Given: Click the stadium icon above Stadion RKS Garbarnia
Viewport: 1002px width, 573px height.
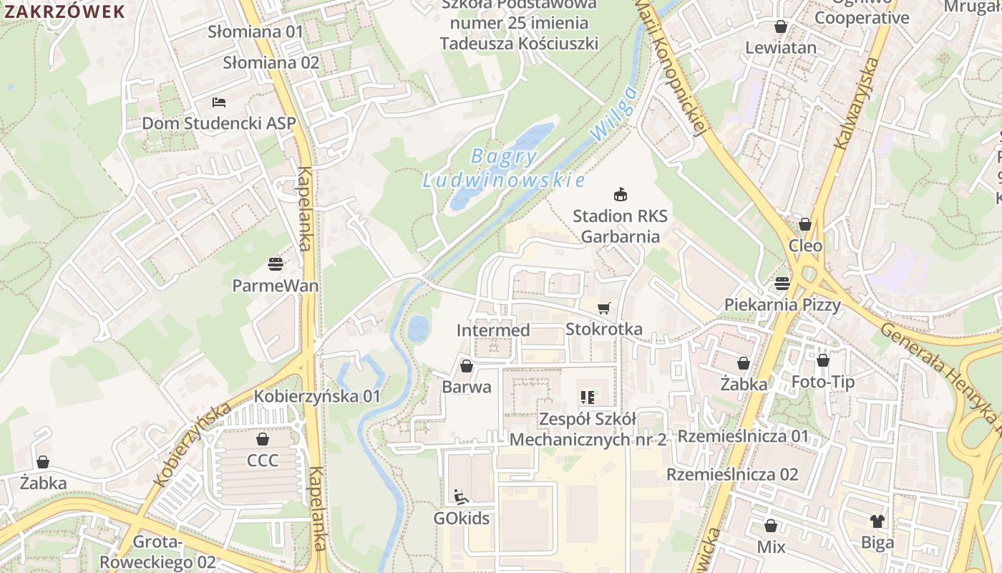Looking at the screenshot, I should pos(621,194).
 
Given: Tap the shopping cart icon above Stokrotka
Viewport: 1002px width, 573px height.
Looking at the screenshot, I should pos(604,308).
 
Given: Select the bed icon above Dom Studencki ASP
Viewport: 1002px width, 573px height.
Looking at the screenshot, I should pos(219,102).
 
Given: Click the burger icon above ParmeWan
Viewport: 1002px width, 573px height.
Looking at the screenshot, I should pos(276,264).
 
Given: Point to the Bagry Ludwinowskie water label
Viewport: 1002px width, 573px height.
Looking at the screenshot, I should pos(504,168).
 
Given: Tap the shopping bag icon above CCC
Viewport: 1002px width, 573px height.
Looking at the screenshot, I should pos(263,439).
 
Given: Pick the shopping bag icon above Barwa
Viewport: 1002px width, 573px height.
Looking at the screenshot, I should pos(467,366).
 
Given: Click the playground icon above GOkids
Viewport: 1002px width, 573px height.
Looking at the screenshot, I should pos(461,496).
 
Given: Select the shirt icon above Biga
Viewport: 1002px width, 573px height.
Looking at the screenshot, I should pos(877,521).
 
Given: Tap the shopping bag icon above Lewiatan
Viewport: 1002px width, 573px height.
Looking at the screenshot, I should pos(781,27).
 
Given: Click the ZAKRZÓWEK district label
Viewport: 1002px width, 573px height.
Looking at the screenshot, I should pos(64,11).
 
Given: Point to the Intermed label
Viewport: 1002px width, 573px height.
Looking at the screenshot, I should pos(493,330).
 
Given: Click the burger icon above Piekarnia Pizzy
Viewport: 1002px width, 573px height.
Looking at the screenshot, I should pos(782,283).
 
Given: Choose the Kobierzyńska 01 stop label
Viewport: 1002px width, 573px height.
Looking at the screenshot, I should pos(318,396).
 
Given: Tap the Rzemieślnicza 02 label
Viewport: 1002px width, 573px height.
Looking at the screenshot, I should pos(732,474).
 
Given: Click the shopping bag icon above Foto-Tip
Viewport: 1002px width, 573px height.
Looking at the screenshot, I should pos(823,360).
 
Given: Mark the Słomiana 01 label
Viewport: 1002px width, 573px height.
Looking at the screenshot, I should pos(256,32).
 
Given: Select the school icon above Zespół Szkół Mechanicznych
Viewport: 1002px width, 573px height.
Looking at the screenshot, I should pos(588,397).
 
